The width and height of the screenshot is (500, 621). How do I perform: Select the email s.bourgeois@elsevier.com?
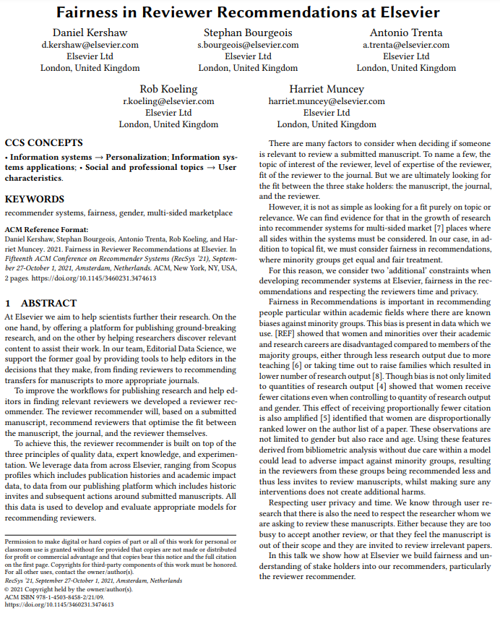pos(248,45)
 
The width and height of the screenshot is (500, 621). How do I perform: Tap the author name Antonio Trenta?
pos(406,33)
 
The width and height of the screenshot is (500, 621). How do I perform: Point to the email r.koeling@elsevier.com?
pos(168,101)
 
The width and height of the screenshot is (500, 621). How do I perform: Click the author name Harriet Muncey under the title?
pos(327,89)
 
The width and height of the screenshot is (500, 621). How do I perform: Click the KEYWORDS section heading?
pos(34,199)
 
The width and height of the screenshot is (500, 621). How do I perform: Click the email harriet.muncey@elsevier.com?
pos(327,101)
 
